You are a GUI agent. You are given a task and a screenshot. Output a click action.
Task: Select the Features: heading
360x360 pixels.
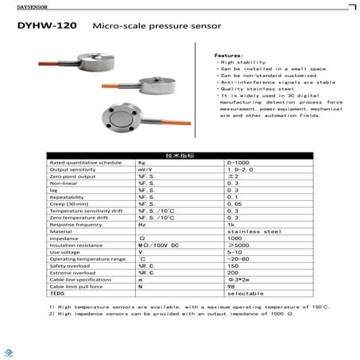tap(228, 55)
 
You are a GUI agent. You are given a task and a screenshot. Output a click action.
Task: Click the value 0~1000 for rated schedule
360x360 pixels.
tap(238, 162)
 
